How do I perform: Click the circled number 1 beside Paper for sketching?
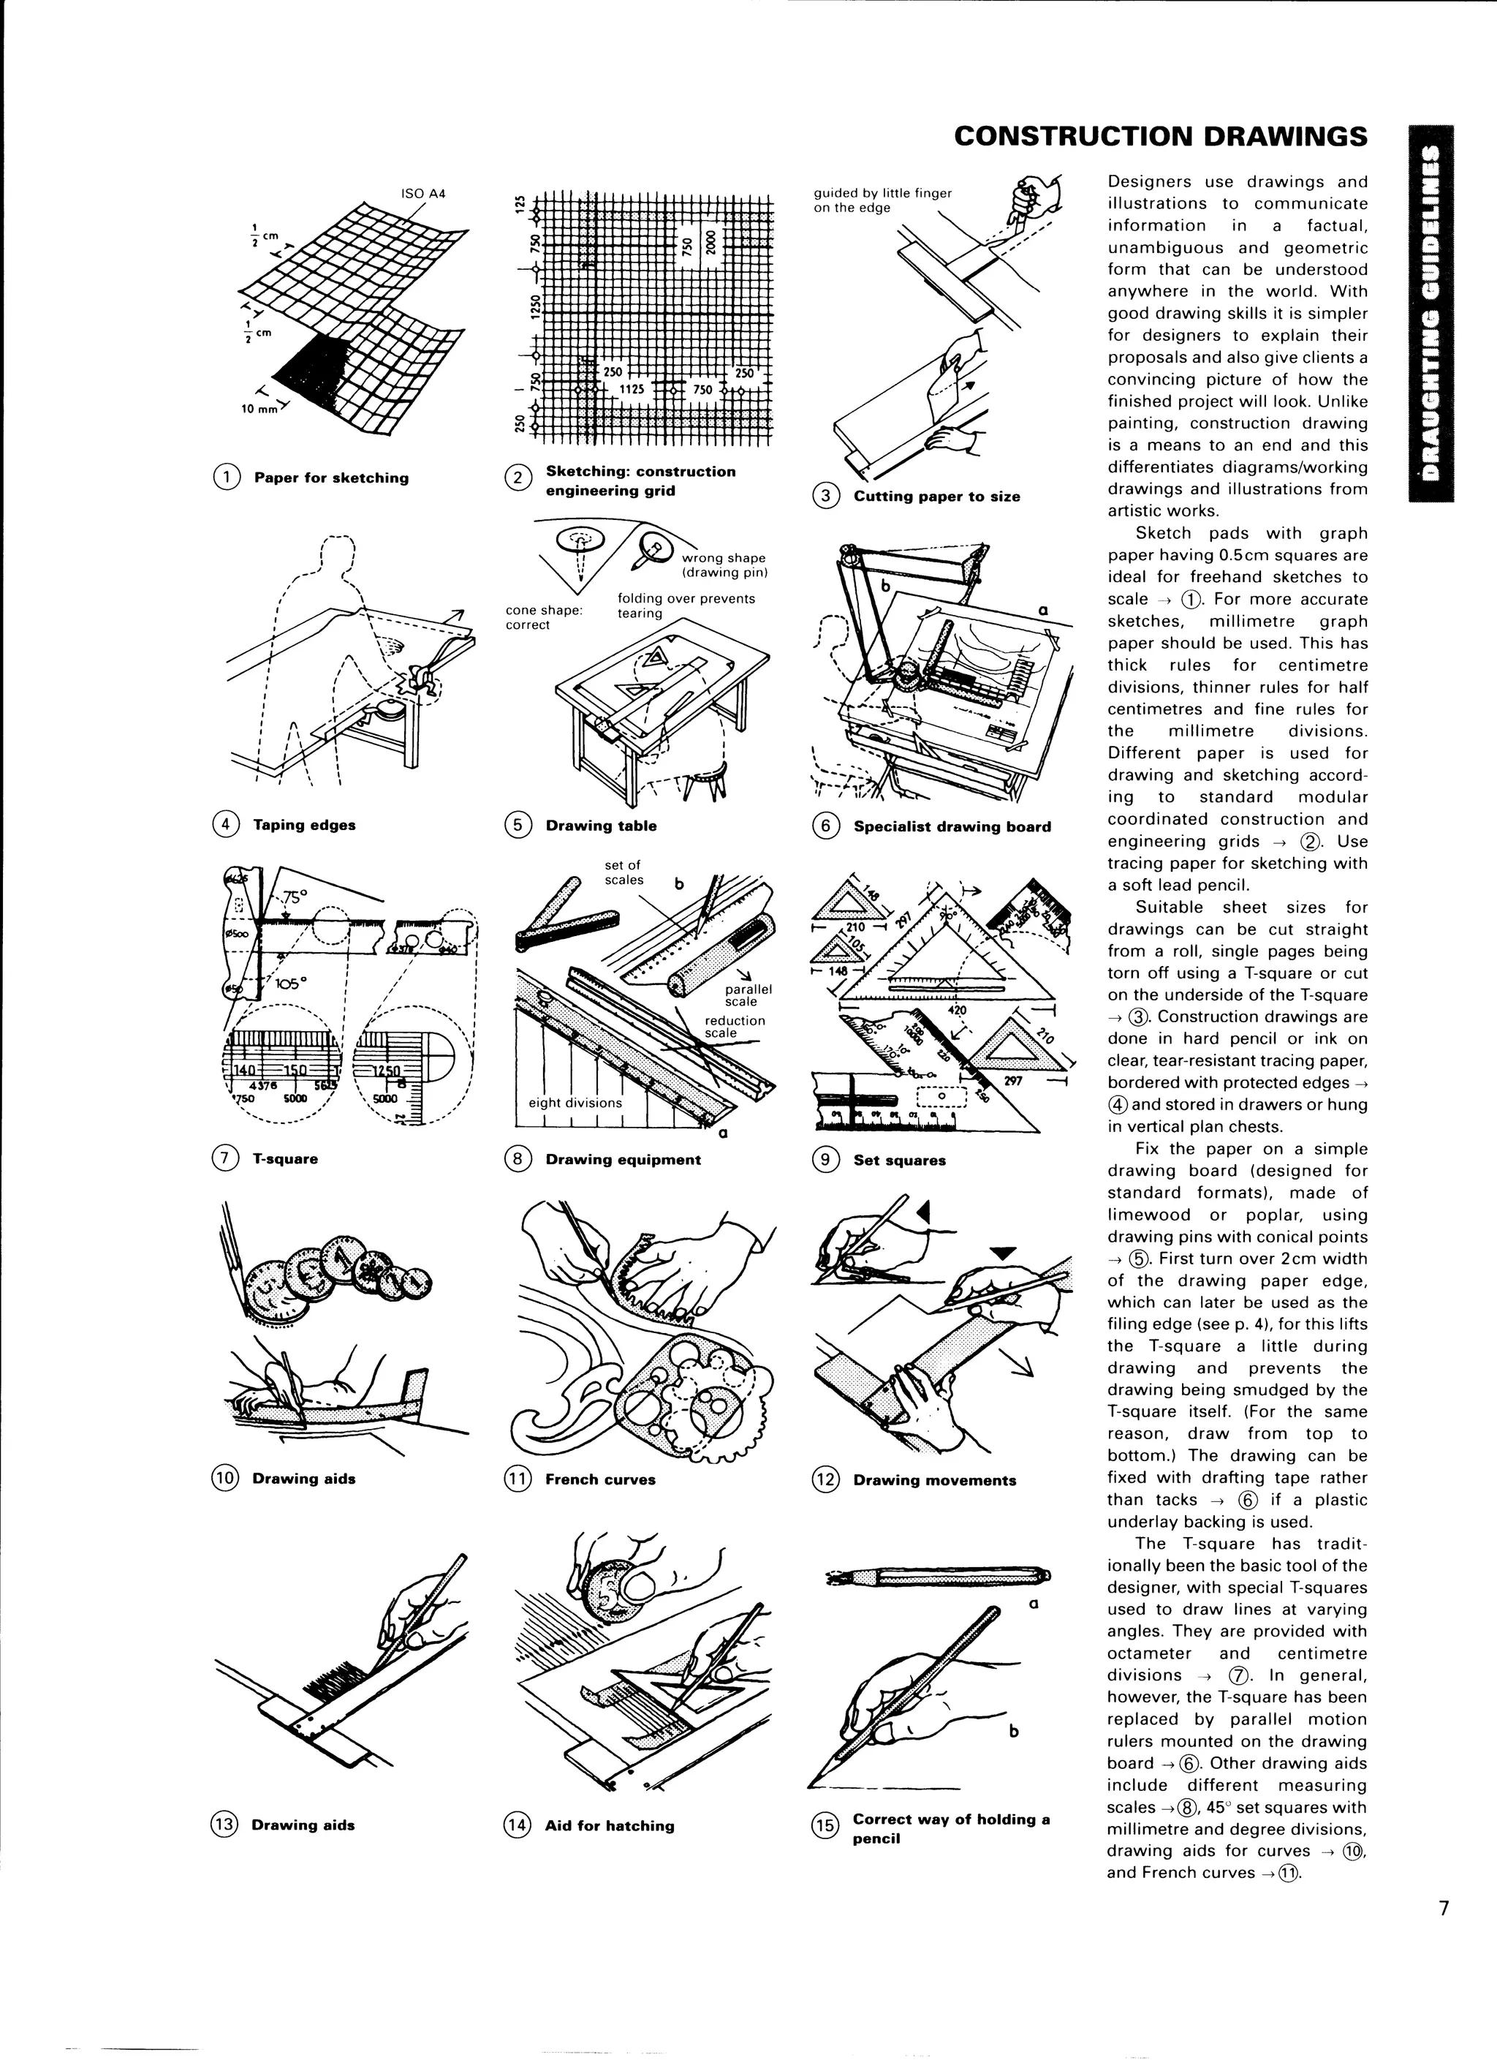pyautogui.click(x=226, y=477)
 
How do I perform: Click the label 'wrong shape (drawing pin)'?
pyautogui.click(x=724, y=565)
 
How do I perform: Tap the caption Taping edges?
pyautogui.click(x=304, y=825)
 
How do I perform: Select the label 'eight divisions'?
pyautogui.click(x=575, y=1103)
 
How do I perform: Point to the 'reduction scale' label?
pyautogui.click(x=735, y=1027)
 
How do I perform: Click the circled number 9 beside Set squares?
pyautogui.click(x=825, y=1160)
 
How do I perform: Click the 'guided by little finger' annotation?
pyautogui.click(x=882, y=200)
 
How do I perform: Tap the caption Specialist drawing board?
pyautogui.click(x=952, y=826)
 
